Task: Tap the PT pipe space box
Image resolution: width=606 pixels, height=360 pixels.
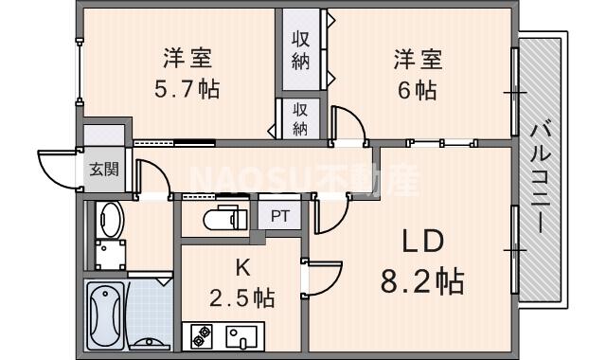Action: (280, 215)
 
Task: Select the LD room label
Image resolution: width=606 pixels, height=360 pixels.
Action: (421, 242)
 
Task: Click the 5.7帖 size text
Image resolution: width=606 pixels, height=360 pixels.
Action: (186, 90)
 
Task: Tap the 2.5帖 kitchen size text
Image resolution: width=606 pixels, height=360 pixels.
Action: (242, 297)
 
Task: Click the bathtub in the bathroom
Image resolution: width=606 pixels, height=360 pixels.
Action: (105, 316)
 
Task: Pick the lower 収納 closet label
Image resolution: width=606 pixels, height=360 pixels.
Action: (301, 118)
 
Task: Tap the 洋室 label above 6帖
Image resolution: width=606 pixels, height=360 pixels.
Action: (417, 60)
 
